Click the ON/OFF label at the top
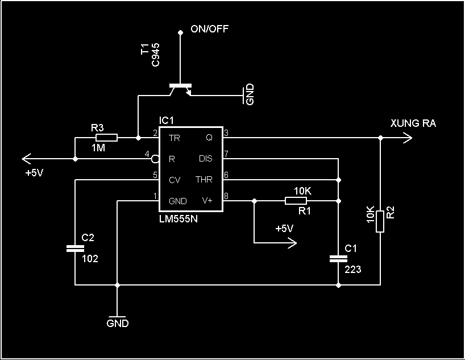coord(209,29)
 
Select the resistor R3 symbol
coord(106,138)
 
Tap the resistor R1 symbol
coord(296,201)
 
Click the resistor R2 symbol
coord(380,221)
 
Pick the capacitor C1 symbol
coord(338,259)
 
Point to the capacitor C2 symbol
coord(75,249)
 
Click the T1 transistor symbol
coord(180,90)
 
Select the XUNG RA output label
coord(413,123)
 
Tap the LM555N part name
coord(178,219)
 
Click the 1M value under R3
coord(98,147)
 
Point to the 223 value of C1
coord(353,269)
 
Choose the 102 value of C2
coord(90,259)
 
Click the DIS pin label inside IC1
coord(206,159)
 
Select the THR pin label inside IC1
coord(204,180)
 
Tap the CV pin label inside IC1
coord(175,180)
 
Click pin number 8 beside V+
coord(226,196)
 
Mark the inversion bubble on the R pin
coord(155,159)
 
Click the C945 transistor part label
coord(155,55)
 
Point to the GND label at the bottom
coord(118,323)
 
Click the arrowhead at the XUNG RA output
coord(408,138)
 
